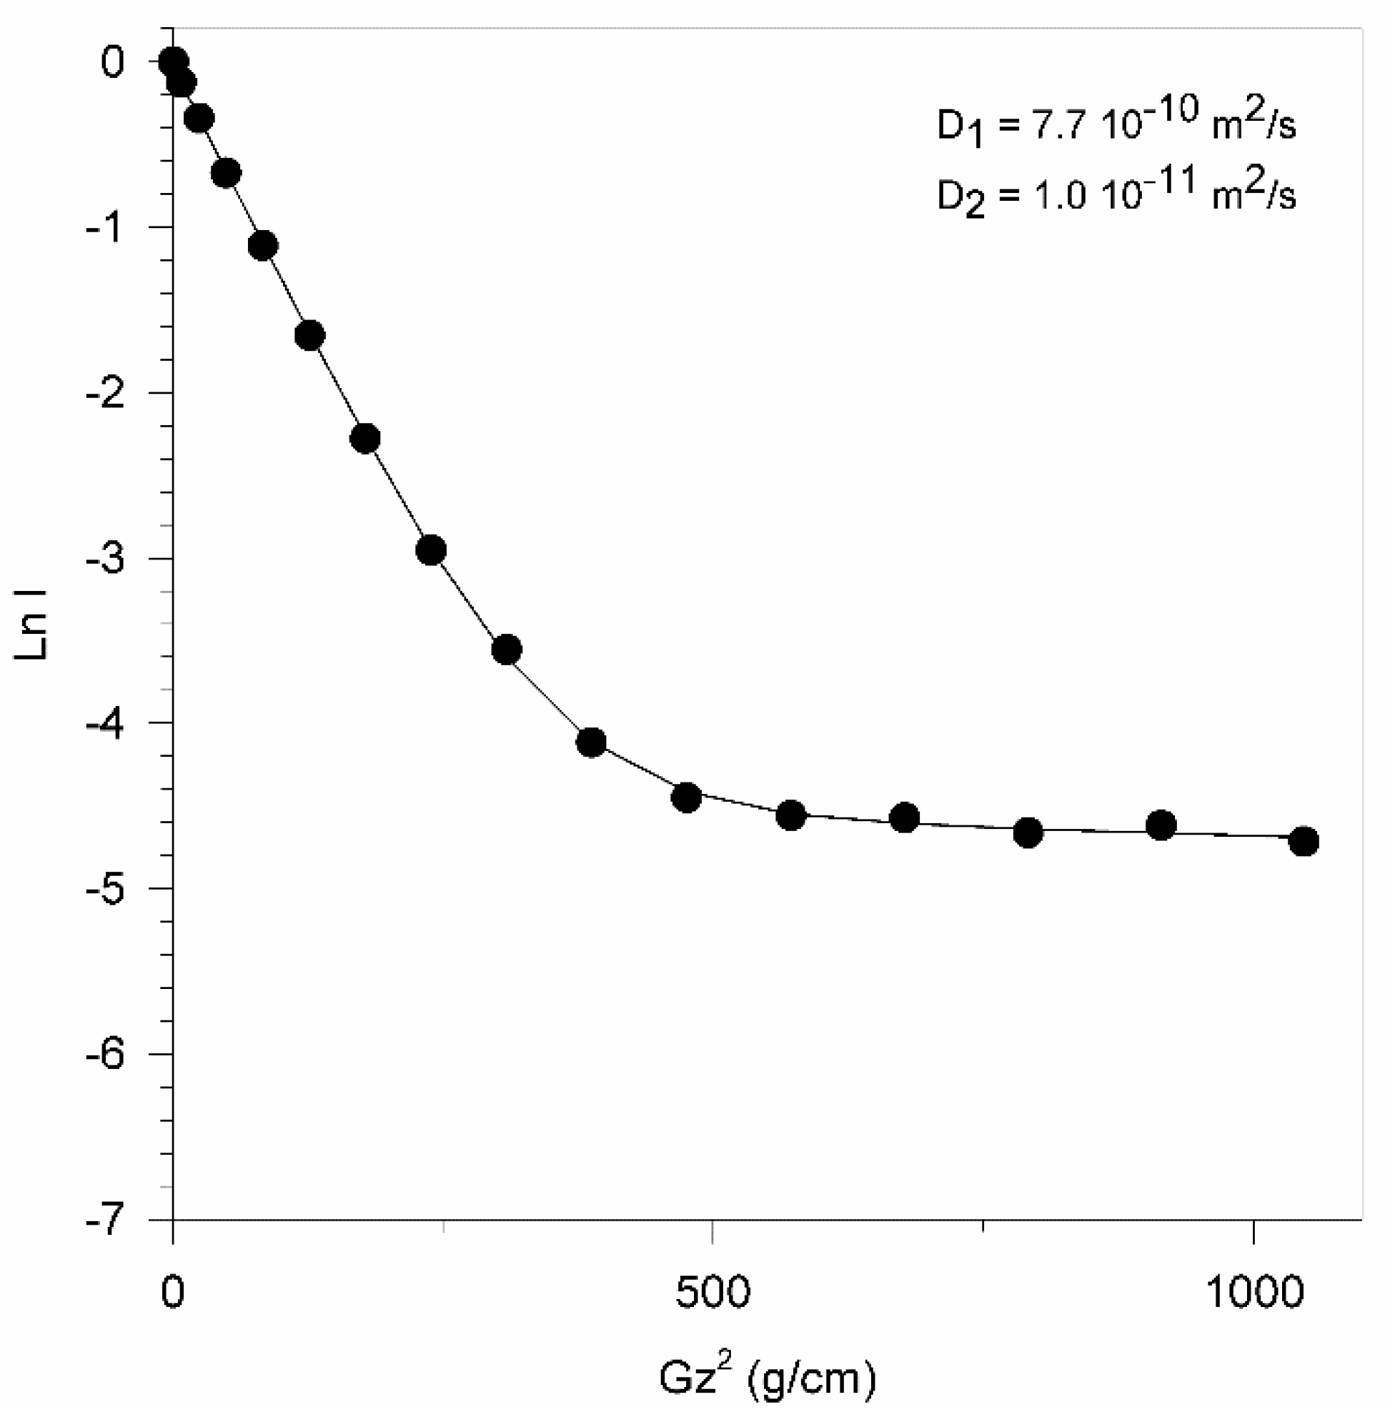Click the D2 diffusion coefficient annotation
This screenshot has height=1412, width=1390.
(x=1116, y=193)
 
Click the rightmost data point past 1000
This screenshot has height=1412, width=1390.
(x=1304, y=841)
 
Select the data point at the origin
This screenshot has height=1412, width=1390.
(x=173, y=62)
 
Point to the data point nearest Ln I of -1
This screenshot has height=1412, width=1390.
(x=263, y=245)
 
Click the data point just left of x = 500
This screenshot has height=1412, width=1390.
(x=686, y=797)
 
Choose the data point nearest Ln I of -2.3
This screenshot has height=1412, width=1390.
(x=365, y=438)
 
